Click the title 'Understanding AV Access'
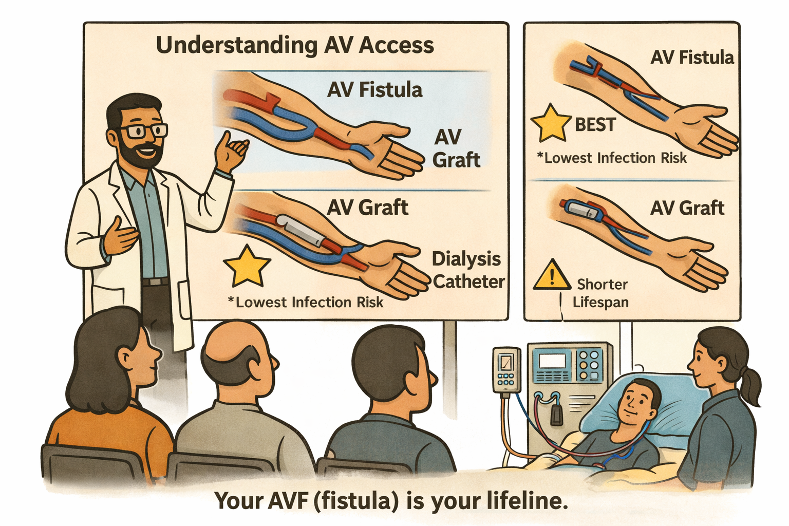pyautogui.click(x=295, y=45)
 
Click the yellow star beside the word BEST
pyautogui.click(x=550, y=123)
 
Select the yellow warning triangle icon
pyautogui.click(x=552, y=275)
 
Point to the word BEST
pyautogui.click(x=595, y=124)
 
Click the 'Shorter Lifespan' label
pyautogui.click(x=601, y=293)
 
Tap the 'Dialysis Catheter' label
pyautogui.click(x=468, y=270)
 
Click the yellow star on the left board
pyautogui.click(x=247, y=266)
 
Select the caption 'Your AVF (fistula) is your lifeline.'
pyautogui.click(x=391, y=500)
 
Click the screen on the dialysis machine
pyautogui.click(x=552, y=360)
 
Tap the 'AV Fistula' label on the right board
pyautogui.click(x=691, y=58)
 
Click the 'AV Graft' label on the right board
pyautogui.click(x=687, y=208)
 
